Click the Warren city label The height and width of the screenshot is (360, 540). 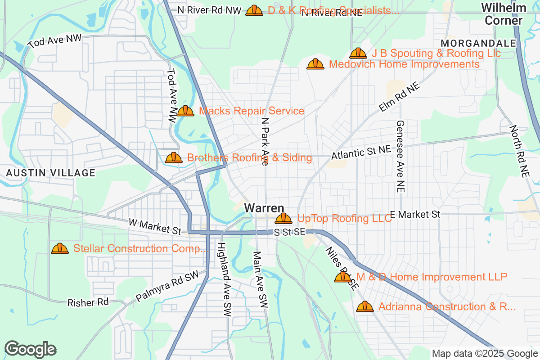[264, 208]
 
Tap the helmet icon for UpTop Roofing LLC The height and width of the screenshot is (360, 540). [283, 219]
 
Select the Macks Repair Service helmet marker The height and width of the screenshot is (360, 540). [185, 111]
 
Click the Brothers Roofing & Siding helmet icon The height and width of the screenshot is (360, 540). [174, 157]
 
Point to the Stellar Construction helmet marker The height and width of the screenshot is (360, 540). [60, 248]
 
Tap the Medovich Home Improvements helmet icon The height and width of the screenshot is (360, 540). [315, 64]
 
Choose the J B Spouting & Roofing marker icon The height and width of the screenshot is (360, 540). [358, 54]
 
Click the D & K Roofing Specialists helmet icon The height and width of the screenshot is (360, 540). [254, 10]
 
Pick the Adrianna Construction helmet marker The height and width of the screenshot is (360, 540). [365, 307]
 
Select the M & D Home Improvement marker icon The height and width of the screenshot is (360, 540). [343, 277]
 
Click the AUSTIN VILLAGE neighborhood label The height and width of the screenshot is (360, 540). [50, 173]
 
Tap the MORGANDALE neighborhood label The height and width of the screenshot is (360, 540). [479, 43]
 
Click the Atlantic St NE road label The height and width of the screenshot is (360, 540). [361, 153]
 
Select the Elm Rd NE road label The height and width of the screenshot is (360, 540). [399, 97]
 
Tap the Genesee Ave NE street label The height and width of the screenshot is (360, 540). [400, 157]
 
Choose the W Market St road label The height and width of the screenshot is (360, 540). [155, 226]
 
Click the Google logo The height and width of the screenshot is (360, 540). [30, 349]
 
